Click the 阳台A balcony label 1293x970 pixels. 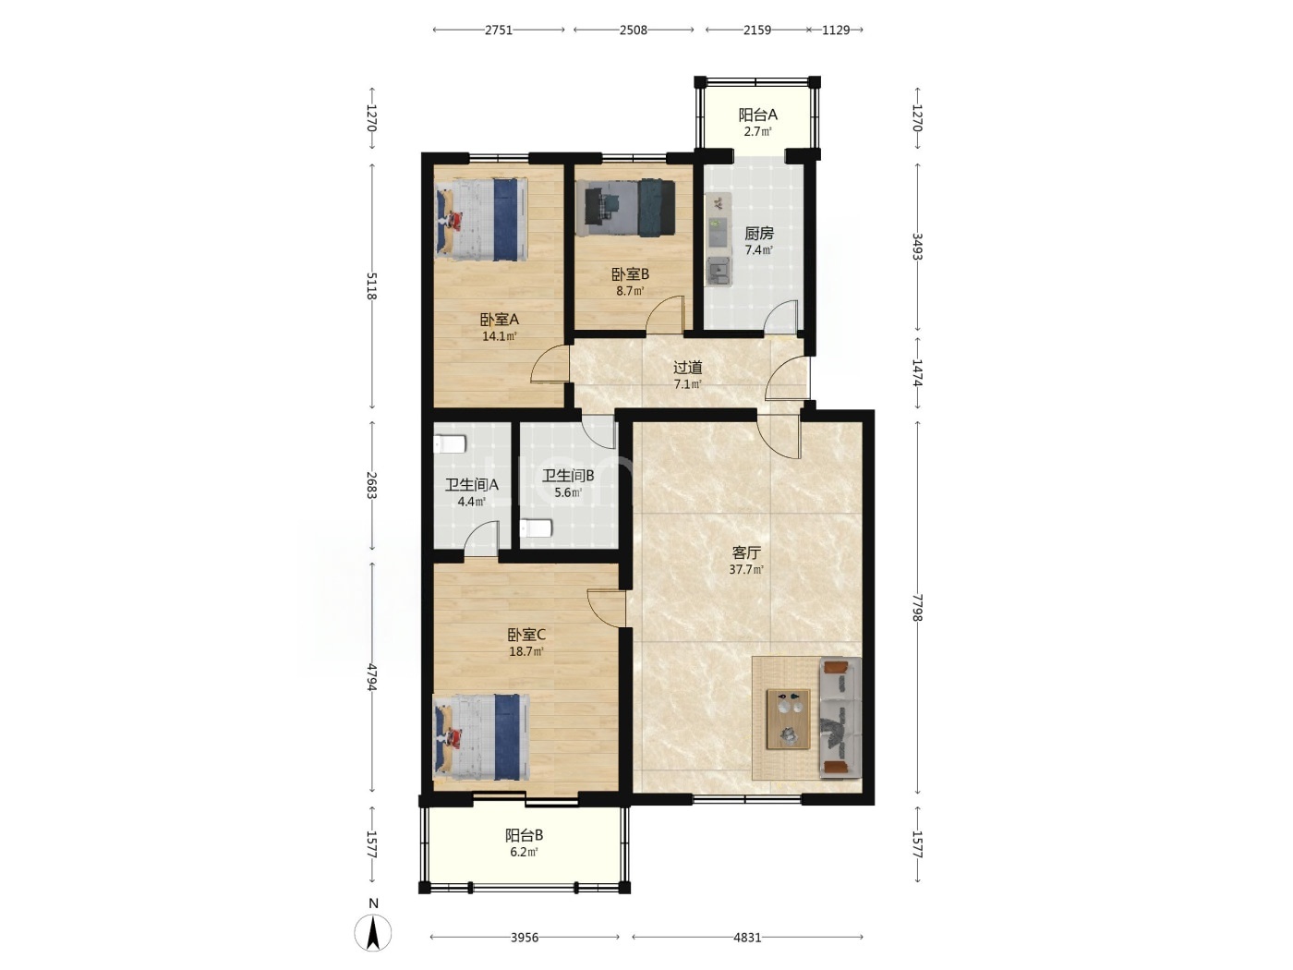[757, 115]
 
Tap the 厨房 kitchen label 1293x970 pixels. [759, 233]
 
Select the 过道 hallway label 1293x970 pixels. [687, 368]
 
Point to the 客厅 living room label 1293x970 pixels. [746, 552]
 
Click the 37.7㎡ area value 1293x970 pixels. [746, 569]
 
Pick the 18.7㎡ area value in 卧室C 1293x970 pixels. [526, 651]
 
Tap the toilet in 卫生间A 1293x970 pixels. [450, 443]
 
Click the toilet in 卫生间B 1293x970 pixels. [536, 527]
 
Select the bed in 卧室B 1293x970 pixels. [625, 208]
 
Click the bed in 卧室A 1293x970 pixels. [481, 219]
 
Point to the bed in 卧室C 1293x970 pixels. [481, 736]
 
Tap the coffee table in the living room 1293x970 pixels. [788, 719]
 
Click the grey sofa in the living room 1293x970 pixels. [840, 718]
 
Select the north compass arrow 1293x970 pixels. [373, 933]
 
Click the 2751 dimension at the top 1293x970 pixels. [499, 30]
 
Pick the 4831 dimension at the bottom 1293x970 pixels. [747, 937]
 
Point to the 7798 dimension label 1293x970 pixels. [917, 607]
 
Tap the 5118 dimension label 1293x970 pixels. [371, 285]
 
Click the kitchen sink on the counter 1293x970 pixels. [718, 273]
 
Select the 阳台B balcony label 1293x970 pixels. [524, 835]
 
